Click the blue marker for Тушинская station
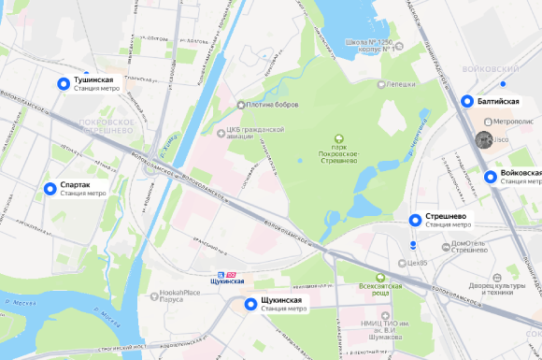tap(64, 84)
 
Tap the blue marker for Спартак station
tap(50, 189)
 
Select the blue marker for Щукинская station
tap(250, 304)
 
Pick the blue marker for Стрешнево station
tap(415, 220)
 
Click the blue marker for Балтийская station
tap(466, 101)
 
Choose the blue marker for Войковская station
tap(491, 177)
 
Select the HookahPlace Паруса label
tap(170, 296)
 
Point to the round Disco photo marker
tap(484, 140)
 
